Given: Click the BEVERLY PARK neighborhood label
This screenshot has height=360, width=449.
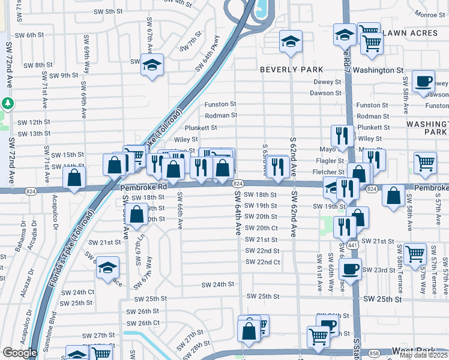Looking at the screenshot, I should coord(291,70).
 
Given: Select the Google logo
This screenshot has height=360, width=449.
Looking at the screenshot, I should coord(19,352).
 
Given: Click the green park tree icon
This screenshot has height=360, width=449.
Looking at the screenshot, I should coord(7,103).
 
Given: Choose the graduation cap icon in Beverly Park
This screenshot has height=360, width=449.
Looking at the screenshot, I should coord(291,41).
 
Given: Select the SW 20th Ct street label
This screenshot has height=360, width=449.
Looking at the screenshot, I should coord(262,228).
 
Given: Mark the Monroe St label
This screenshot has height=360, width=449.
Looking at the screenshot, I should coord(429,14).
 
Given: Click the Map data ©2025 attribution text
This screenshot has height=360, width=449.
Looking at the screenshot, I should coord(424,355).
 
